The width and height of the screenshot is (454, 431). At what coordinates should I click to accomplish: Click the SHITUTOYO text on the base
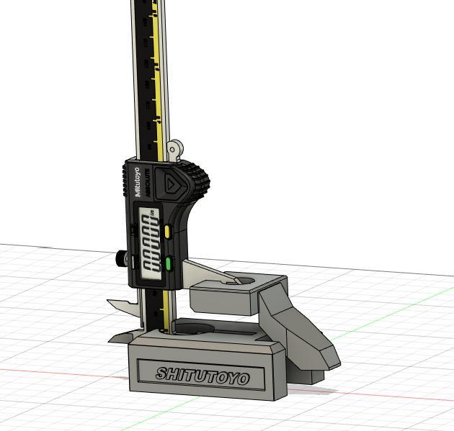tap(202, 376)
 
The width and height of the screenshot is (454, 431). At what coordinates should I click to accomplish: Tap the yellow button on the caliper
tap(167, 231)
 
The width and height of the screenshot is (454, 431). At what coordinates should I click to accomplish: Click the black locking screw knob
tap(118, 258)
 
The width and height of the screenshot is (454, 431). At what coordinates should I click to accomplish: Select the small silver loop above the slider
tap(173, 150)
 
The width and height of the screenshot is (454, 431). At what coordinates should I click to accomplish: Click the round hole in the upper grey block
tap(243, 280)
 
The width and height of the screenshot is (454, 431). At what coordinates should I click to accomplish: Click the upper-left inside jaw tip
tap(111, 301)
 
